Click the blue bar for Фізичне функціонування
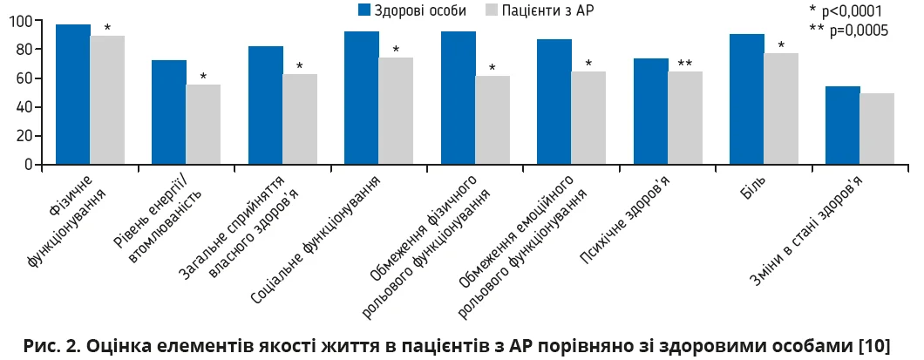click(73, 94)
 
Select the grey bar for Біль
click(781, 109)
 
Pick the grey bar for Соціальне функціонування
click(396, 111)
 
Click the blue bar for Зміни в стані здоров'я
click(843, 126)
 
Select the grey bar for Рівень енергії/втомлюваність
click(203, 125)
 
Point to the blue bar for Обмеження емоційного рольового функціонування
click(554, 102)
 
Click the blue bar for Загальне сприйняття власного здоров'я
click(266, 105)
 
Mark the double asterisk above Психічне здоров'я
click(685, 63)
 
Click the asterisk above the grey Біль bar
click(781, 45)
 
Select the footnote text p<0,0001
click(852, 11)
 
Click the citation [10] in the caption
click(873, 345)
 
